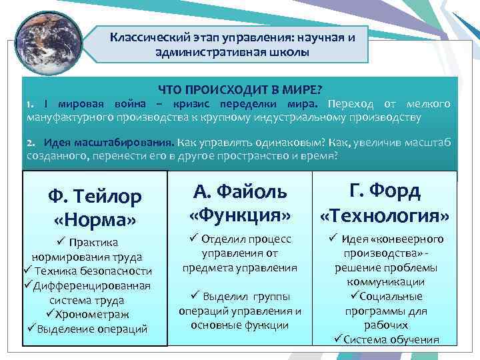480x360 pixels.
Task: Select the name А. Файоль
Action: pos(240,191)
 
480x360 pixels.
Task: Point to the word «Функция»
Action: pos(240,215)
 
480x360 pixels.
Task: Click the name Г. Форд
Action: pos(385,191)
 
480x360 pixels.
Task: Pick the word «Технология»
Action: pos(385,215)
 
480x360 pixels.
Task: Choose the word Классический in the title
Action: pos(151,38)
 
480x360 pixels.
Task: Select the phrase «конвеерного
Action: pos(416,239)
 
